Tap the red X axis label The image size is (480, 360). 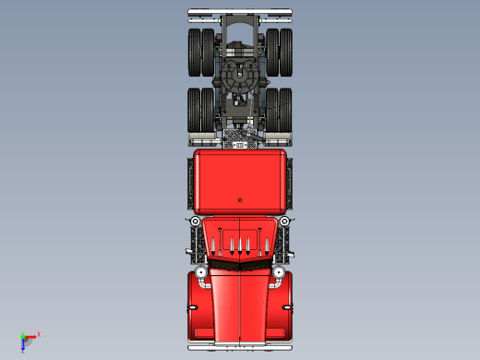tap(39, 333)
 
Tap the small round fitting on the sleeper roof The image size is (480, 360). tap(239, 199)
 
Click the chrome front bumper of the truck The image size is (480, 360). tap(240, 348)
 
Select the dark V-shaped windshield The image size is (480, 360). tap(240, 263)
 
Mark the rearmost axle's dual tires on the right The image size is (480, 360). tap(278, 53)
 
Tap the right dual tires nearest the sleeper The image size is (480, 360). tap(278, 111)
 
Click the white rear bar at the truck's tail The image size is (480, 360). tap(240, 13)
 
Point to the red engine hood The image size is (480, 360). tap(240, 305)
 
